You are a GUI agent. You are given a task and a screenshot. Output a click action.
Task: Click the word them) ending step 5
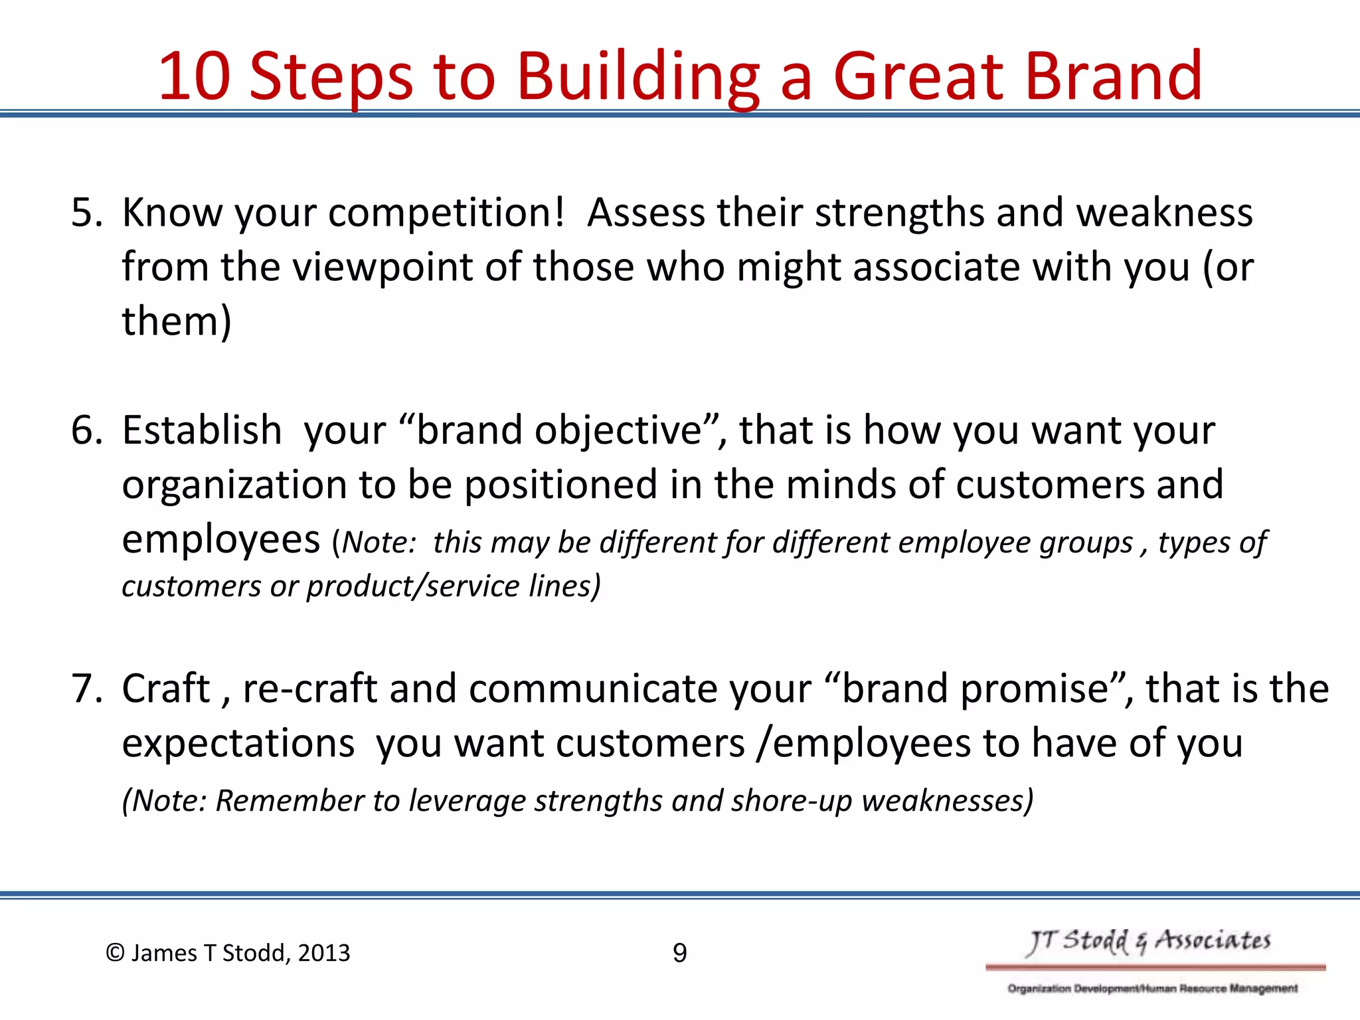(177, 322)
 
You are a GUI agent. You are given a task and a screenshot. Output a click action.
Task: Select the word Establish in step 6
(202, 430)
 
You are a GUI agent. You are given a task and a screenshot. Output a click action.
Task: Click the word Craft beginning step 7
(166, 689)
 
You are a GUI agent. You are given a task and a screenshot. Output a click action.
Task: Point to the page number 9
(679, 954)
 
